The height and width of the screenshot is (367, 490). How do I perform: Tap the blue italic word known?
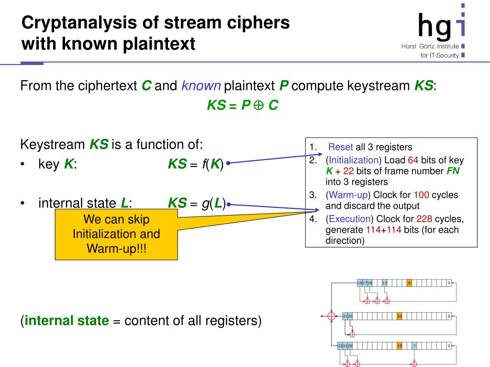(x=201, y=86)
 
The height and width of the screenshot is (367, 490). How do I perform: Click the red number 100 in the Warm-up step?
(x=422, y=195)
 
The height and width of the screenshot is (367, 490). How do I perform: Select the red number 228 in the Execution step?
(x=425, y=219)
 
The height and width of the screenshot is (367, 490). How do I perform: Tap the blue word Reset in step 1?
(x=341, y=147)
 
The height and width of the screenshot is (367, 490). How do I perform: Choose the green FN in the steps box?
(x=453, y=171)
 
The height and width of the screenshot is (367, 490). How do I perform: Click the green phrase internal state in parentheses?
(x=67, y=321)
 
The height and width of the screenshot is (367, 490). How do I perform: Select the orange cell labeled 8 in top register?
(x=409, y=283)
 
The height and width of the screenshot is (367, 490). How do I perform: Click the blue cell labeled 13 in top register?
(x=385, y=283)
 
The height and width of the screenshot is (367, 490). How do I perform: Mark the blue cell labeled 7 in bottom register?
(x=414, y=345)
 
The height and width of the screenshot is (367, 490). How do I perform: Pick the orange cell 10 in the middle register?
(x=400, y=316)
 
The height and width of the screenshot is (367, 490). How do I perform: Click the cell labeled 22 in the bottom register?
(x=340, y=345)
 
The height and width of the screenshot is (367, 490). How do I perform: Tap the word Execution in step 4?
(x=350, y=219)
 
